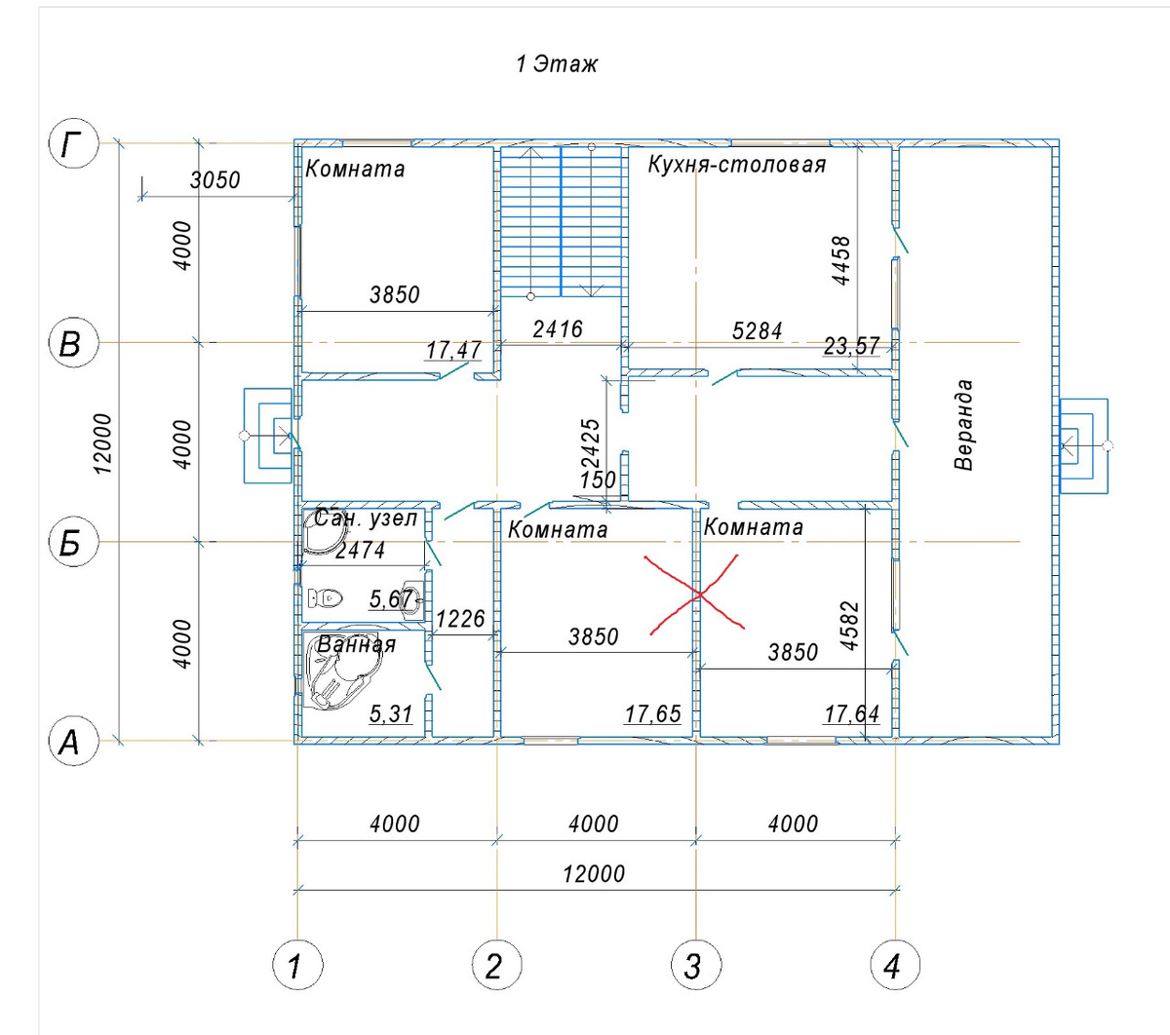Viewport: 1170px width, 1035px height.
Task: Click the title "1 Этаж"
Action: [x=556, y=64]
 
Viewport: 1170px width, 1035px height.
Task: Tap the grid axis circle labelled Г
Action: [x=73, y=143]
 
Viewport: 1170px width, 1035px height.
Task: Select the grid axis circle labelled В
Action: [x=73, y=343]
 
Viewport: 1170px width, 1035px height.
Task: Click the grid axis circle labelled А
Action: [x=73, y=741]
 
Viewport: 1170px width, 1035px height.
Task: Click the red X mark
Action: [x=697, y=594]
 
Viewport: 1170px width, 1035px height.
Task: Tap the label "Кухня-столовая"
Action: [x=737, y=165]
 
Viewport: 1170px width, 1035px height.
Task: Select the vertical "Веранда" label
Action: [x=963, y=425]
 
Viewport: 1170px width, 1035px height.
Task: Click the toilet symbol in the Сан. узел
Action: [x=325, y=597]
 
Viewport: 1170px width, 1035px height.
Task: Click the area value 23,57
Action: [x=852, y=346]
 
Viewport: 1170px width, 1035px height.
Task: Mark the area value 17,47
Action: [x=453, y=350]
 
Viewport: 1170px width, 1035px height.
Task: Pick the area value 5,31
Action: [x=391, y=714]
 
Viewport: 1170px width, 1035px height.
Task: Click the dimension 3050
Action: [x=214, y=180]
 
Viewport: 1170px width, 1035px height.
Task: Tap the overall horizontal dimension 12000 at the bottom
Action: [x=594, y=874]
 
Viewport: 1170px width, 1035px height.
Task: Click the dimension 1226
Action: [x=460, y=620]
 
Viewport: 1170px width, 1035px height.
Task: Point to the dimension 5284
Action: [x=758, y=331]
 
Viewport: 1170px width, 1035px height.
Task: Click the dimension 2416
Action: [x=558, y=329]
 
